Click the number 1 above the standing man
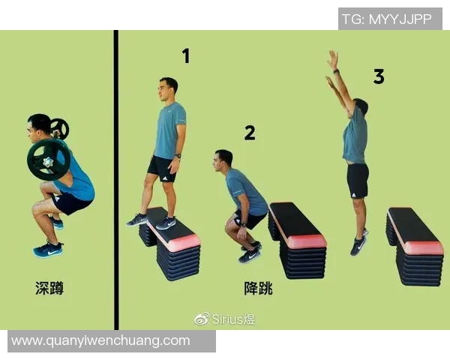[x=186, y=55]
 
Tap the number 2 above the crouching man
[x=250, y=133]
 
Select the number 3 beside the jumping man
[x=379, y=76]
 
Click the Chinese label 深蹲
[x=49, y=288]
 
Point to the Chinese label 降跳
[x=258, y=288]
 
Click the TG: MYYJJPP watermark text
[x=387, y=19]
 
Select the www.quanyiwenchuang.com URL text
[x=100, y=340]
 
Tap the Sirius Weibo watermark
[x=224, y=319]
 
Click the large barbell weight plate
[x=49, y=160]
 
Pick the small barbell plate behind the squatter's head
[x=60, y=128]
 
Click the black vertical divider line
[x=116, y=180]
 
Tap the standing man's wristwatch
[x=178, y=156]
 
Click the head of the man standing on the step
[x=168, y=88]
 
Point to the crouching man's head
[x=222, y=160]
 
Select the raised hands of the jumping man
[x=332, y=67]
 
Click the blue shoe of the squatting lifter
[x=48, y=250]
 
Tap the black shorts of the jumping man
[x=358, y=181]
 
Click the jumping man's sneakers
[x=359, y=243]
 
